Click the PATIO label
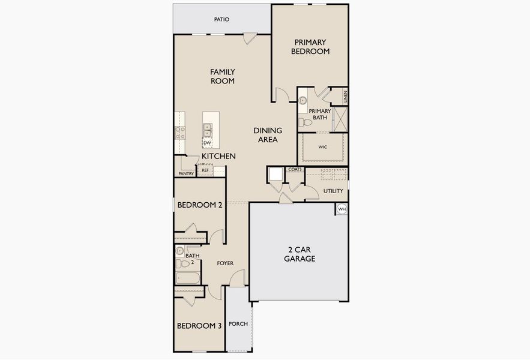[222, 19]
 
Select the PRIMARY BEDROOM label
[310, 47]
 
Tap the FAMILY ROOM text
[222, 76]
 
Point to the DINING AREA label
[265, 135]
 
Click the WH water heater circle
[342, 209]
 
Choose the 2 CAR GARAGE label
[298, 254]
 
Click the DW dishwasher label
[207, 143]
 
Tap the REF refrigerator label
[205, 170]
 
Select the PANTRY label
[185, 174]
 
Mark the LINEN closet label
[345, 95]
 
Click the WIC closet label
[323, 146]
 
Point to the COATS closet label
[295, 170]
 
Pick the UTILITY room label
[334, 191]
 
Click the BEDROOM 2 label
[200, 205]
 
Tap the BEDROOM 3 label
[199, 326]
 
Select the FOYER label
[225, 263]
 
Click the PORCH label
[238, 323]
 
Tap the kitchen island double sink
[207, 130]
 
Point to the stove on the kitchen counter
[179, 132]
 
